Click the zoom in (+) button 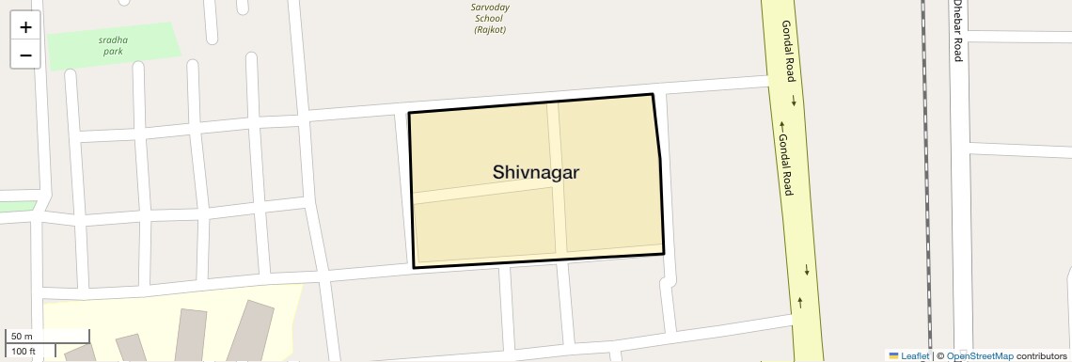tap(25, 27)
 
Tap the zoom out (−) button tap(25, 55)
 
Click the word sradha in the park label tap(113, 39)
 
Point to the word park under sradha tap(113, 51)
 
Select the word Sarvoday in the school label tap(491, 7)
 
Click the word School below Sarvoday tap(491, 18)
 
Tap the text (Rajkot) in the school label tap(491, 29)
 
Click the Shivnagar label tap(536, 172)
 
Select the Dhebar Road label tap(957, 31)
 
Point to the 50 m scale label tap(22, 336)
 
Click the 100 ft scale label tap(24, 352)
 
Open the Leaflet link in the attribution tap(915, 356)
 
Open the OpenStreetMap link tap(980, 356)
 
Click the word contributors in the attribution tap(1042, 356)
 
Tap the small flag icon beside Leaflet tap(894, 356)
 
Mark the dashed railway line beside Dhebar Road tap(926, 188)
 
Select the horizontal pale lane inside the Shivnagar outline tap(480, 192)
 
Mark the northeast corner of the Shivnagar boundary tap(653, 94)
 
